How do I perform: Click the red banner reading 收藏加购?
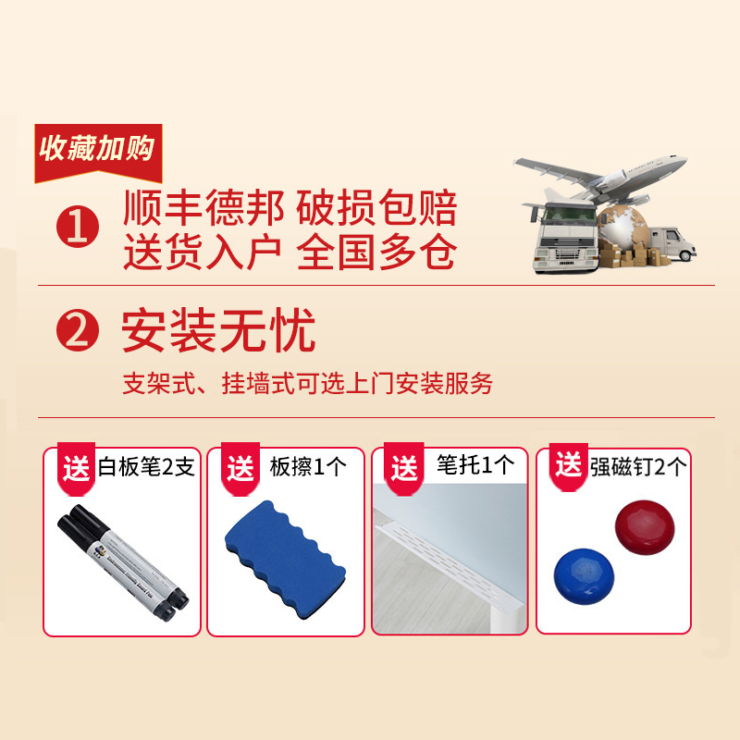(97, 150)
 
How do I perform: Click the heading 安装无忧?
(219, 331)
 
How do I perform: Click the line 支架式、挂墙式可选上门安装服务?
(307, 384)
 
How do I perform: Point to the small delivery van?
(670, 245)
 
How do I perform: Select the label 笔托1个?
(475, 465)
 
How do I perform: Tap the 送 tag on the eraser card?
(240, 469)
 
